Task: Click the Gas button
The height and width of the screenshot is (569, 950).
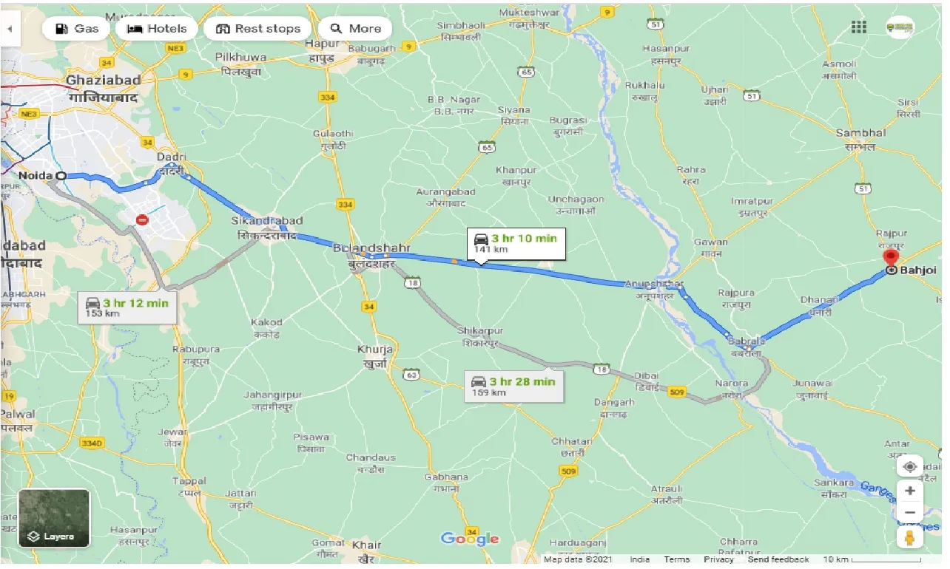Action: pyautogui.click(x=76, y=29)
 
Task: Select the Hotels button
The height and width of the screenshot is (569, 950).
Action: pyautogui.click(x=156, y=29)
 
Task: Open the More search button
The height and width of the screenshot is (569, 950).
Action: pyautogui.click(x=356, y=29)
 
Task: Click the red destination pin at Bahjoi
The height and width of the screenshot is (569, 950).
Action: pyautogui.click(x=891, y=259)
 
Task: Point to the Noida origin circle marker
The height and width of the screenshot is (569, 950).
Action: pyautogui.click(x=61, y=176)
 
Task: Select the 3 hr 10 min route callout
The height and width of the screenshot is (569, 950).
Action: pyautogui.click(x=515, y=243)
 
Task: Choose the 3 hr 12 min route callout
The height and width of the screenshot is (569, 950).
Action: pyautogui.click(x=127, y=307)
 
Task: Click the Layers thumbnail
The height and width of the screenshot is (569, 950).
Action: pyautogui.click(x=54, y=518)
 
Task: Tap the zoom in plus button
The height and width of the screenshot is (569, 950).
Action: pyautogui.click(x=910, y=491)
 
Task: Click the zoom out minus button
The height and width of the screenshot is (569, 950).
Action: pyautogui.click(x=910, y=513)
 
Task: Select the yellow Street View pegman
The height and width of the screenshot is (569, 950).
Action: pyautogui.click(x=910, y=536)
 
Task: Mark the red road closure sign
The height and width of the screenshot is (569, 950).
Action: pyautogui.click(x=143, y=219)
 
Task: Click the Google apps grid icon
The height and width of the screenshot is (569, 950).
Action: pyautogui.click(x=859, y=27)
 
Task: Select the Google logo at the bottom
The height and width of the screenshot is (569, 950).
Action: pyautogui.click(x=470, y=539)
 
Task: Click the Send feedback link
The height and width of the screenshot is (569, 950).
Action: pyautogui.click(x=778, y=559)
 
